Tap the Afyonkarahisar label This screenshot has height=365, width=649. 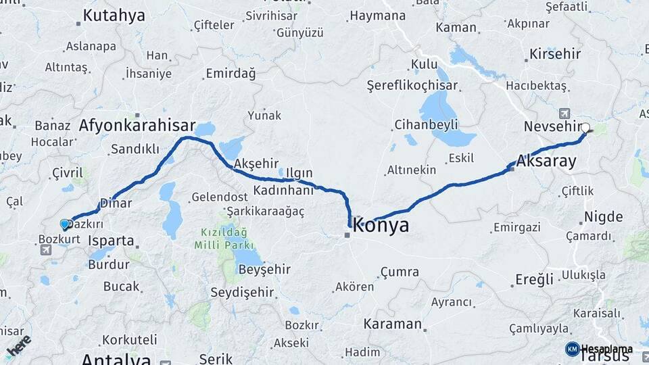[137, 125]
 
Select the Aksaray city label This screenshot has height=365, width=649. [546, 161]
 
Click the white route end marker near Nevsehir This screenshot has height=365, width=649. [585, 127]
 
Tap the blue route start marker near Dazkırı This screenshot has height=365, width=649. [65, 224]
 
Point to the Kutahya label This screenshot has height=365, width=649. [114, 15]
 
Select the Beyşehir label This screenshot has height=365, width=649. [264, 269]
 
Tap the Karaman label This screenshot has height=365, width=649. [392, 324]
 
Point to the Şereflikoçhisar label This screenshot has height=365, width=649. [412, 86]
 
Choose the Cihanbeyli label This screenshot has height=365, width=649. [426, 124]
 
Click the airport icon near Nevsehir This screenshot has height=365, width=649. [564, 114]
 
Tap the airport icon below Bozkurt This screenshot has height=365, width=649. [47, 251]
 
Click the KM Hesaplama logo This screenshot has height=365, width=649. [599, 349]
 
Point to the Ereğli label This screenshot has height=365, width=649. [534, 278]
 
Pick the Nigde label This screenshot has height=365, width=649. [603, 217]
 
